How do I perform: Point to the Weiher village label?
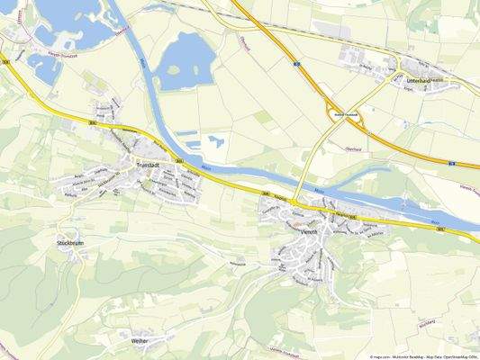[x=140, y=341]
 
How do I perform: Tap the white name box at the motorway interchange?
[x=347, y=114]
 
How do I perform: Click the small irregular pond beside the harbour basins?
[x=215, y=142]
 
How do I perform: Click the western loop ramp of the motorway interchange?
[x=331, y=109]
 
